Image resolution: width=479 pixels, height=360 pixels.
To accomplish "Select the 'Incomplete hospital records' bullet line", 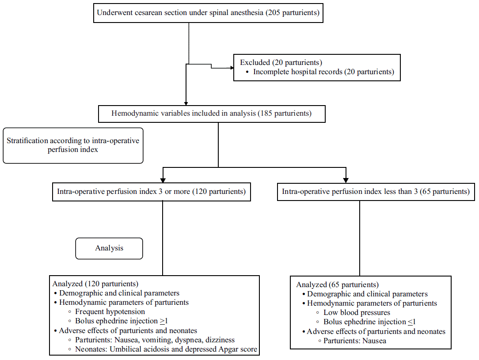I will (323, 72).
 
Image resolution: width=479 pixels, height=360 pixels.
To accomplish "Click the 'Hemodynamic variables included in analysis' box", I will (211, 114).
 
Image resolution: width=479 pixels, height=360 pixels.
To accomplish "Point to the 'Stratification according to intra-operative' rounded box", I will (73, 145).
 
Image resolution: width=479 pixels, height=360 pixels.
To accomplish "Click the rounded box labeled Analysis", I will (109, 248).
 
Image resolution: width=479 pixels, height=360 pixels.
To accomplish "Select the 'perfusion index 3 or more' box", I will (151, 192).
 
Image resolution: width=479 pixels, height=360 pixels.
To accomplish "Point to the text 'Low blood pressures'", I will (357, 313).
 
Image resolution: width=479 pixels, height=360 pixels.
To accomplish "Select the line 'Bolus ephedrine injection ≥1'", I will (121, 321).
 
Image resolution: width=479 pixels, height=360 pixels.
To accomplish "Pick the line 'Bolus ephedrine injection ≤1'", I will (369, 322).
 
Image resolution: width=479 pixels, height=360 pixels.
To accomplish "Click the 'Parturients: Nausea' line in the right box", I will (355, 341).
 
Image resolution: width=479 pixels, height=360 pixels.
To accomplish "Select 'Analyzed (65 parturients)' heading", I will (337, 284).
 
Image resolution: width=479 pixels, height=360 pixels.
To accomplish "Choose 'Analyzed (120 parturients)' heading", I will (95, 284).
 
